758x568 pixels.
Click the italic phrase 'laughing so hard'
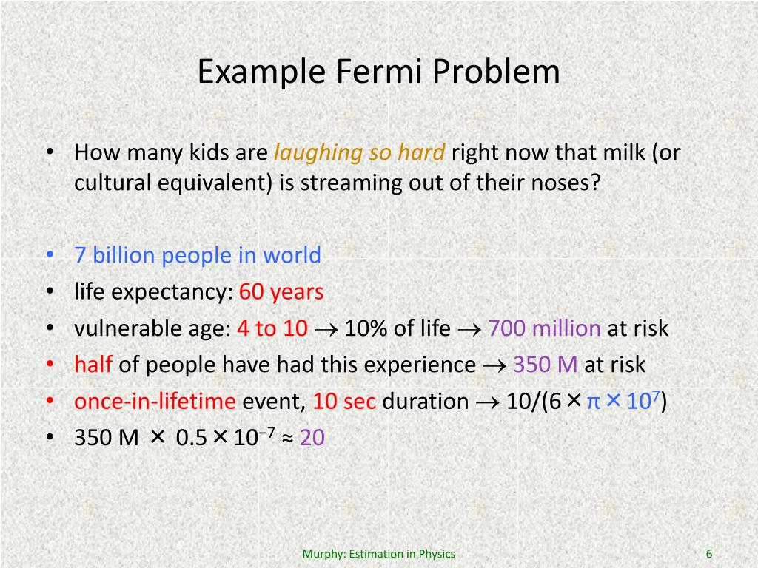point(360,153)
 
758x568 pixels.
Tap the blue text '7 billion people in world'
point(198,256)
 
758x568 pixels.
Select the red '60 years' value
point(281,292)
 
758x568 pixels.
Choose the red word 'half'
point(93,365)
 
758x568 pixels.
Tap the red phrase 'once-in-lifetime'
point(155,402)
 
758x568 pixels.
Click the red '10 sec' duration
point(344,402)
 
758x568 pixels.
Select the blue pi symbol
point(593,402)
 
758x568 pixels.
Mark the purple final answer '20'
point(312,438)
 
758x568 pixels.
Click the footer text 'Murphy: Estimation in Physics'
point(379,554)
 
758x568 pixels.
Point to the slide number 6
point(709,554)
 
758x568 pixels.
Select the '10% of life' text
point(397,328)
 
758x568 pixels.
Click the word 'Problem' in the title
point(497,72)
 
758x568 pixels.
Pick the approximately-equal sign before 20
point(287,439)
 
